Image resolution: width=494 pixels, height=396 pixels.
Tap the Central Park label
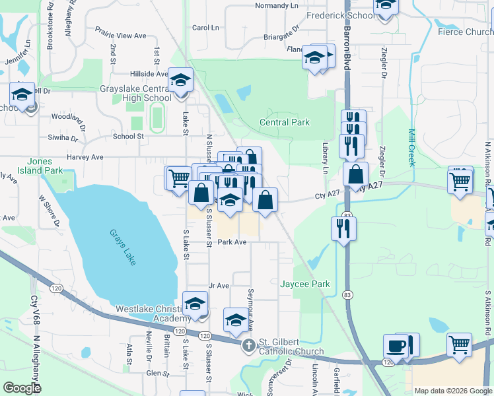(284, 122)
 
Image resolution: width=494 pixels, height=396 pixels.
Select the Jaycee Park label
(304, 284)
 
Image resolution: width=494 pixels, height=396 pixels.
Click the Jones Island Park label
(44, 166)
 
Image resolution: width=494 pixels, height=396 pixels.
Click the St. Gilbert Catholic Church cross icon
(248, 345)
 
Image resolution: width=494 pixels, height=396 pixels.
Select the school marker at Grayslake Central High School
(178, 81)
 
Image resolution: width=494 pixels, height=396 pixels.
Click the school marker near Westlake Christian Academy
(195, 304)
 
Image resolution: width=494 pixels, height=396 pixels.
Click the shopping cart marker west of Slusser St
(178, 178)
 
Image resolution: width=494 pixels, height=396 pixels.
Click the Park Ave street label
(232, 242)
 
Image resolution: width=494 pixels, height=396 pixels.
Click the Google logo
(22, 387)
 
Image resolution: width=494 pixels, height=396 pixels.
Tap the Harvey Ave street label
(85, 157)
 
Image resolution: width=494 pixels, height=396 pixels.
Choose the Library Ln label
(325, 158)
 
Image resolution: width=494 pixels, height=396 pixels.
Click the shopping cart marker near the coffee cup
(459, 345)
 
